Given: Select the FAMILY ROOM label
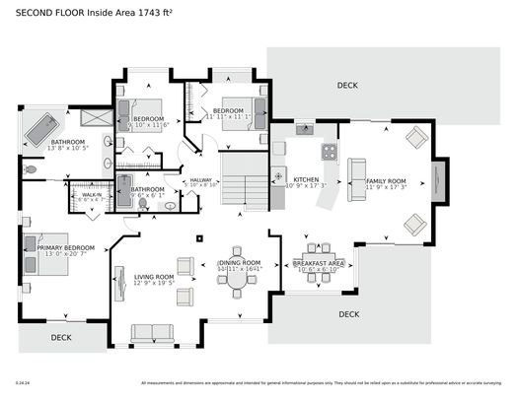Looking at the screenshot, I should click(386, 180).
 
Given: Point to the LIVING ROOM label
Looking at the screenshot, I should click(154, 277).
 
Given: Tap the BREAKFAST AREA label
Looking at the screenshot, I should click(318, 263).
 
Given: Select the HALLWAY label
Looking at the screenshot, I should click(201, 179).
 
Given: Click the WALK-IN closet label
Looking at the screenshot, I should click(91, 195).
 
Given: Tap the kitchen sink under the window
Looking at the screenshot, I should click(304, 129).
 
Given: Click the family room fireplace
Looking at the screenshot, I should click(439, 182).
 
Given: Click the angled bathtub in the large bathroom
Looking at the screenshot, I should click(41, 127).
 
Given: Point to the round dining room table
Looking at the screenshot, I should click(238, 280).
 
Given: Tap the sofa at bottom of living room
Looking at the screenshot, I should click(151, 333).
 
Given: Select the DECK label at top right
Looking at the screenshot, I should click(347, 86).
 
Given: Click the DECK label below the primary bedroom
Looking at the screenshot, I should click(61, 336).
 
